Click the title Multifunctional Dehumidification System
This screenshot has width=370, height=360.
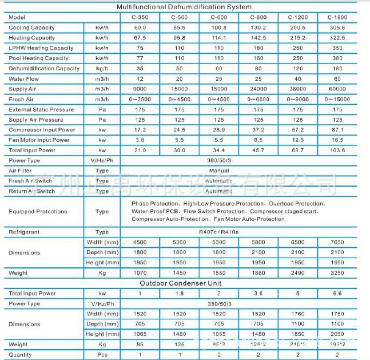coord(184,7)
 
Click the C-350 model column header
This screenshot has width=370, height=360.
coord(140,18)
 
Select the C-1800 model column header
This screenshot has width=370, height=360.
coord(337,18)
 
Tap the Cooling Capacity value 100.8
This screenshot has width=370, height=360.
coord(219,27)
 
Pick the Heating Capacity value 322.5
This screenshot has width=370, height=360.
coord(337,38)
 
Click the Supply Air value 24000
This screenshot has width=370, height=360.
coord(258,89)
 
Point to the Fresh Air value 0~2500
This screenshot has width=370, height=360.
coord(140,100)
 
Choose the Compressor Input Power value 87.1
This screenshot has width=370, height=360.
coord(337,130)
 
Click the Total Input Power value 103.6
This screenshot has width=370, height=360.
coord(337,151)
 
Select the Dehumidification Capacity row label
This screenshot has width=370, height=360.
coord(44,69)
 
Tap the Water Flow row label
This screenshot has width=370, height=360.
coord(24,79)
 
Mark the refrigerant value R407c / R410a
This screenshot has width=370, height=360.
coord(219,232)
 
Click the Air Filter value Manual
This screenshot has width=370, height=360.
coord(219,171)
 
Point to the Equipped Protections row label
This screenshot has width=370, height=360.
coord(38,212)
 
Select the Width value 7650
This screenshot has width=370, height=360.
coord(337,242)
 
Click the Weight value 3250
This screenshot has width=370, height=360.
coord(337,273)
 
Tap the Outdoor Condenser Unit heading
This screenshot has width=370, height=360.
coord(184,283)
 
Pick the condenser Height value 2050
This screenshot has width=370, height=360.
coord(337,334)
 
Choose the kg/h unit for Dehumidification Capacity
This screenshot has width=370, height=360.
coord(102,69)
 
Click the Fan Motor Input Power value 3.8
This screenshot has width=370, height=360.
coord(140,140)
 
